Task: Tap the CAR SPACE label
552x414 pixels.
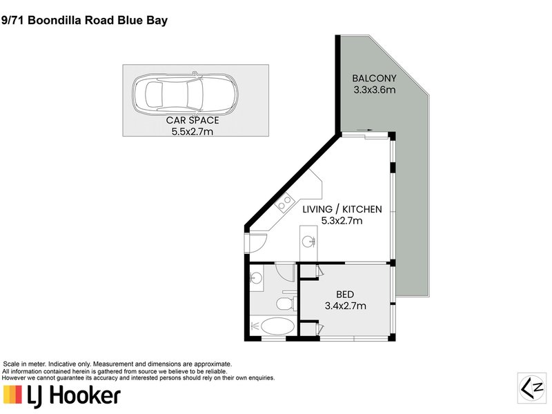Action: pyautogui.click(x=193, y=120)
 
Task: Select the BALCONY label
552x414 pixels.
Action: pyautogui.click(x=373, y=78)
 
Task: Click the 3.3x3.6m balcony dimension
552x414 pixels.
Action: pyautogui.click(x=373, y=89)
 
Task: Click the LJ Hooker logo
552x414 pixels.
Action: pyautogui.click(x=62, y=395)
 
